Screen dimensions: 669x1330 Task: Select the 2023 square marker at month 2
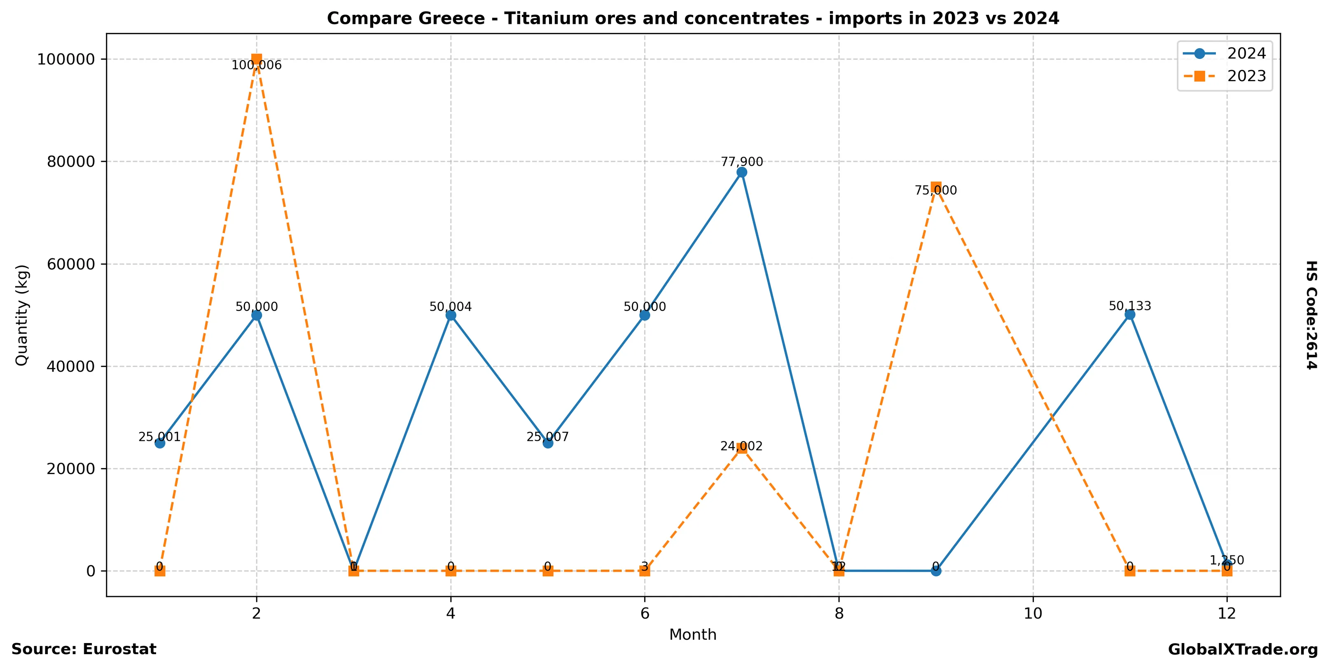(x=257, y=59)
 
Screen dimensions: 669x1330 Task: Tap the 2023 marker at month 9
(x=935, y=187)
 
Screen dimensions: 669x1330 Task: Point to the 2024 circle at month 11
(x=1130, y=314)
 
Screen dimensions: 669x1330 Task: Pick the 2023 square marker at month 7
(x=741, y=448)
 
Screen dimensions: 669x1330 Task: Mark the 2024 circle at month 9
(x=935, y=571)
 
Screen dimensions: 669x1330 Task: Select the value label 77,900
(x=741, y=162)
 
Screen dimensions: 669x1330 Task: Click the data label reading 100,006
(x=257, y=65)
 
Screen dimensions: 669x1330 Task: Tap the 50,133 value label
(x=1130, y=306)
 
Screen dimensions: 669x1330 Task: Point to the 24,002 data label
(x=741, y=447)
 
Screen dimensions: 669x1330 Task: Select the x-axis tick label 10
(x=1033, y=613)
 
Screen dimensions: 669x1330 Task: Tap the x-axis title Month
(x=692, y=635)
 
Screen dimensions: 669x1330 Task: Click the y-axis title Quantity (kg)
(x=22, y=315)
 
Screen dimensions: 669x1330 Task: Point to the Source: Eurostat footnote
(x=84, y=649)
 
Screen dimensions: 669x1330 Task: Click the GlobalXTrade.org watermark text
(x=1243, y=650)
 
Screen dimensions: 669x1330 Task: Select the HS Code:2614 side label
(x=1312, y=315)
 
